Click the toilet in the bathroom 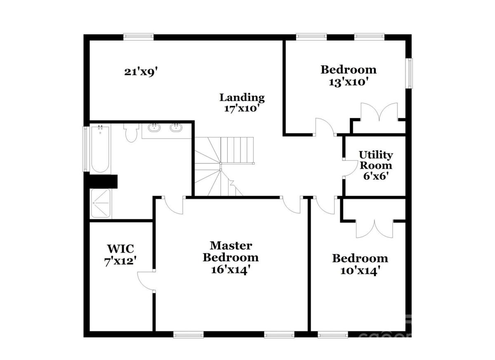pyautogui.click(x=131, y=133)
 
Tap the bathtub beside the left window pyautogui.click(x=100, y=149)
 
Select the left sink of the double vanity pyautogui.click(x=154, y=128)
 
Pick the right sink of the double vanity pyautogui.click(x=176, y=128)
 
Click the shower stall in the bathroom pyautogui.click(x=101, y=203)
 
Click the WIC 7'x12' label pyautogui.click(x=120, y=256)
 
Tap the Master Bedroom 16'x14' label pyautogui.click(x=231, y=258)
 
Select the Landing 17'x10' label pyautogui.click(x=242, y=103)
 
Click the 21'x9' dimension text pyautogui.click(x=141, y=72)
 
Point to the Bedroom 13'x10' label pyautogui.click(x=349, y=76)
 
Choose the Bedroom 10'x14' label pyautogui.click(x=360, y=265)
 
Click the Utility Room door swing pyautogui.click(x=350, y=168)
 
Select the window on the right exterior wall pyautogui.click(x=410, y=73)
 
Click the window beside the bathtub pyautogui.click(x=85, y=149)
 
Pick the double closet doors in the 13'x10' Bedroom pyautogui.click(x=379, y=112)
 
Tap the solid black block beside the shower pyautogui.click(x=103, y=181)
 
